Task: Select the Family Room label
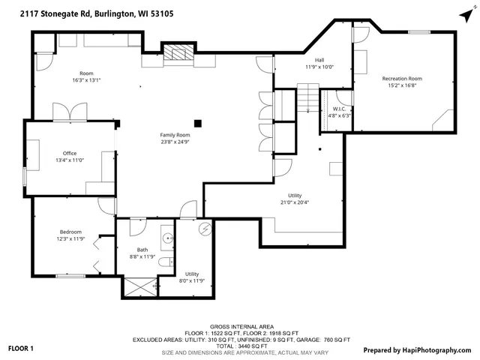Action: pos(174,135)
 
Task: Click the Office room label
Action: pos(70,153)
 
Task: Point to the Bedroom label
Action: pos(70,232)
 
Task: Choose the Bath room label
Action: pos(142,250)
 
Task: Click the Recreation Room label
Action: pos(402,79)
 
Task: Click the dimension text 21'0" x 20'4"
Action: pos(294,202)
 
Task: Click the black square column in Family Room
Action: pos(198,123)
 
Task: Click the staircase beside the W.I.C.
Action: pos(307,98)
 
